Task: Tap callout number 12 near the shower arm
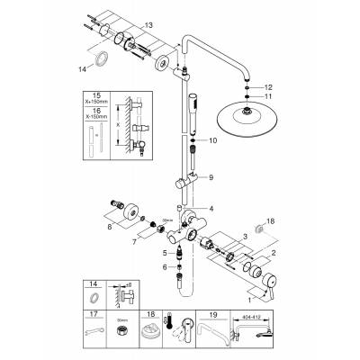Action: (x=268, y=85)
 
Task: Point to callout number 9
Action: (x=211, y=178)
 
